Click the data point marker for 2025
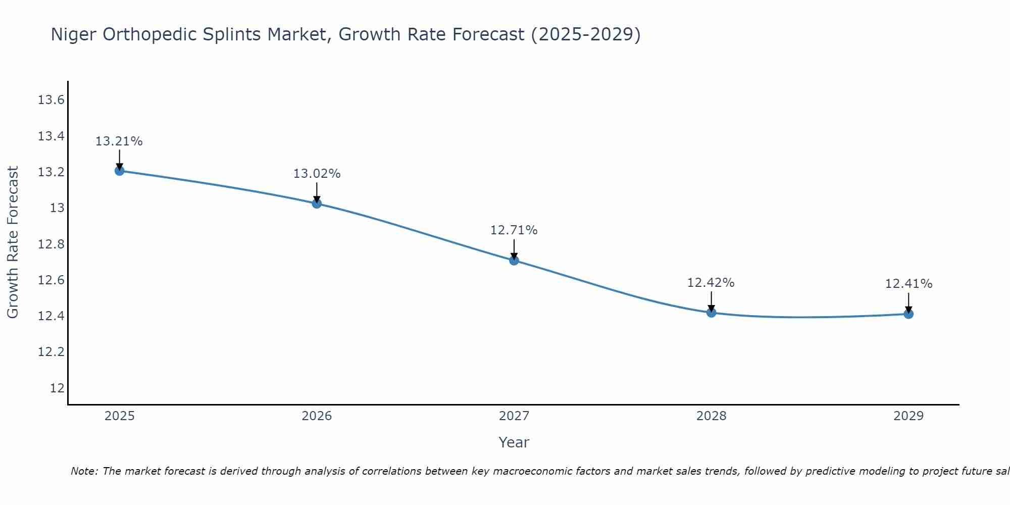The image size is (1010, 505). click(119, 171)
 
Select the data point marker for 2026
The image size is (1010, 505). click(317, 204)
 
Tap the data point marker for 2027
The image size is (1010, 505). click(514, 261)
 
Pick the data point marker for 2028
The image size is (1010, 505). click(711, 313)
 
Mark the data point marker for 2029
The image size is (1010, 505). click(908, 314)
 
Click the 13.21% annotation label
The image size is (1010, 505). click(119, 141)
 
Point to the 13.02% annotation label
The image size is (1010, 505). click(317, 174)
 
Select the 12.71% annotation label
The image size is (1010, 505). click(514, 230)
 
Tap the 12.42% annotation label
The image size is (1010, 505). click(711, 283)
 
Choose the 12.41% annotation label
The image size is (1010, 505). click(908, 284)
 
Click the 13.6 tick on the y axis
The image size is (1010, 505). click(51, 100)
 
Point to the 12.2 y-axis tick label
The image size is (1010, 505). click(51, 352)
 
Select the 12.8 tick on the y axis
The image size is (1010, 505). click(51, 244)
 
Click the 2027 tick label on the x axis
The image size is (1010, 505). click(514, 416)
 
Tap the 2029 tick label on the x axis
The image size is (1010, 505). click(908, 416)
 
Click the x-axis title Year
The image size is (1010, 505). click(514, 442)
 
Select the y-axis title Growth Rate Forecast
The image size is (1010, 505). click(13, 242)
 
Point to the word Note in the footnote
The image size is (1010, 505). click(84, 471)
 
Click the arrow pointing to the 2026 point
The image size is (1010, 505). click(317, 192)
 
